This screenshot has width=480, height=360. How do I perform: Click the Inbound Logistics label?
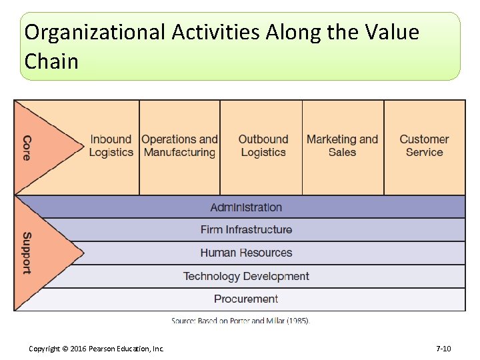point(111,146)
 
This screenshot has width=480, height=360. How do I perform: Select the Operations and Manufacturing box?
point(179,146)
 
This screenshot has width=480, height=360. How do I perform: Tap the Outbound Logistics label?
point(263,146)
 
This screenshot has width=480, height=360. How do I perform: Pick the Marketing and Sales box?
point(342,146)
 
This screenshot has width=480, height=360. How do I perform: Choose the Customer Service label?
point(424,146)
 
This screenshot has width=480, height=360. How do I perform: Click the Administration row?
point(246,207)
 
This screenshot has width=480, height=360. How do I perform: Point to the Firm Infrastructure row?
point(246,230)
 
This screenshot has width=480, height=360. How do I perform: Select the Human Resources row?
point(246,253)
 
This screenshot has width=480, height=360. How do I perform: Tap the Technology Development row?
point(246,276)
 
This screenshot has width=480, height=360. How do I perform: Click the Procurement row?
point(246,299)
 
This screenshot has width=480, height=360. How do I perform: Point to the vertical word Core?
point(27,147)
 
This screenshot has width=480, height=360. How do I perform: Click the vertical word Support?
point(27,253)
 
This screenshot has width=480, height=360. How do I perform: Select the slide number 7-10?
point(443,349)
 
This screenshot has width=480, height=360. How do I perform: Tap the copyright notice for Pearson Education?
point(96,349)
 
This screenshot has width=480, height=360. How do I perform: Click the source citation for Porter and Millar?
point(241,321)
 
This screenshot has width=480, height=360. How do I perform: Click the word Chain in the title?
point(51,62)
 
